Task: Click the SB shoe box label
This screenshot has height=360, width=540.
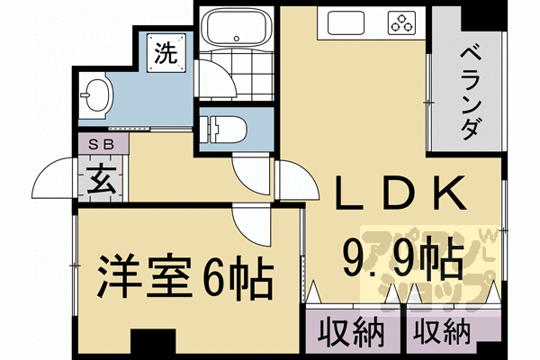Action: click(x=101, y=142)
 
